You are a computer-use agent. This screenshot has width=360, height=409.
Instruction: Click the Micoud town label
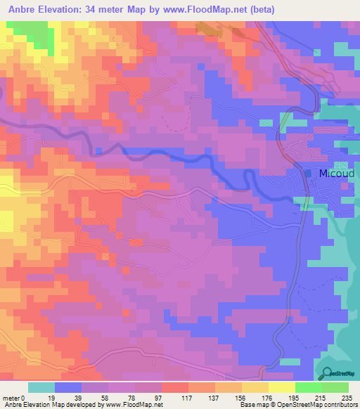point(334,174)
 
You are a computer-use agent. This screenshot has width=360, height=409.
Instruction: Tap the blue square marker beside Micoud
point(309,173)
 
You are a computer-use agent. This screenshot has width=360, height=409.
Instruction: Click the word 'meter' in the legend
point(11,397)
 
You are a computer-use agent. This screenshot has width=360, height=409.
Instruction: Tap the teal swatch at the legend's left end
point(41,387)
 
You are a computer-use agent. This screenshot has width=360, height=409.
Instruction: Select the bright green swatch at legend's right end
point(335,387)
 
